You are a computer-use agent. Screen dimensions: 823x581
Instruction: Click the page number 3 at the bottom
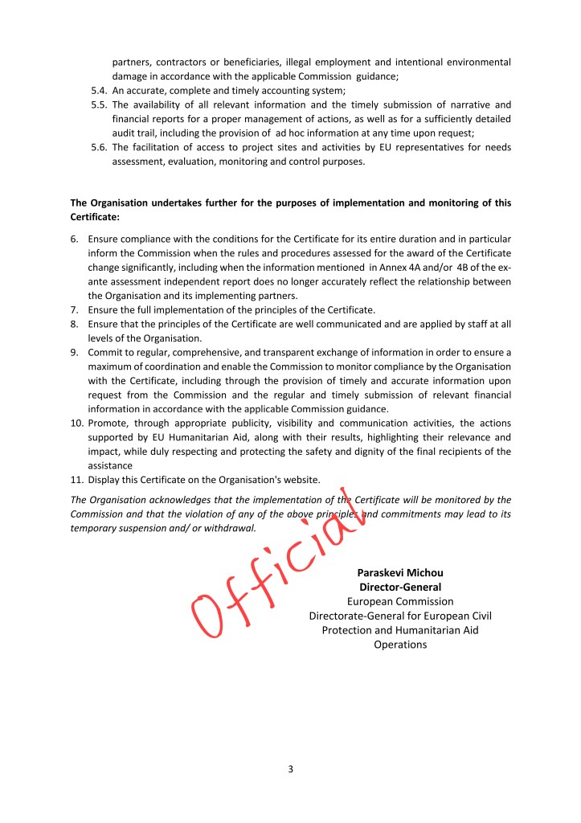pyautogui.click(x=290, y=769)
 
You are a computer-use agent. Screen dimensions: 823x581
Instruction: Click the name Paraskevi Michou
pyautogui.click(x=399, y=573)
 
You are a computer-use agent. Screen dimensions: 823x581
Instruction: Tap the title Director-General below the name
pyautogui.click(x=399, y=588)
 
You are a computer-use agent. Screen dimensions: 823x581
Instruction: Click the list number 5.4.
pyautogui.click(x=99, y=91)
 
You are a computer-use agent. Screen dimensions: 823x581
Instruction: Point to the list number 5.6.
pyautogui.click(x=99, y=147)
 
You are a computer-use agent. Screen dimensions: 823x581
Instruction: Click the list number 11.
pyautogui.click(x=77, y=481)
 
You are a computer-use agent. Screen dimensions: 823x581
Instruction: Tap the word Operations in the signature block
pyautogui.click(x=399, y=645)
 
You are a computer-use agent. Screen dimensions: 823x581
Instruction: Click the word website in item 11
pyautogui.click(x=298, y=481)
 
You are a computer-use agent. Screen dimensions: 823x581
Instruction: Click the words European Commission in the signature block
pyautogui.click(x=399, y=601)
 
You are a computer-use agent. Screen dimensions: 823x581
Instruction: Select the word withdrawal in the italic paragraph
pyautogui.click(x=227, y=529)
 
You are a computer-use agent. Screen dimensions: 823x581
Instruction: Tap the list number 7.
pyautogui.click(x=74, y=309)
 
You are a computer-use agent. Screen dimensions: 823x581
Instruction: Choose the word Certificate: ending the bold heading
pyautogui.click(x=94, y=217)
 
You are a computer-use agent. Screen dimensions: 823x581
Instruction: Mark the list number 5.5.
pyautogui.click(x=99, y=104)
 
